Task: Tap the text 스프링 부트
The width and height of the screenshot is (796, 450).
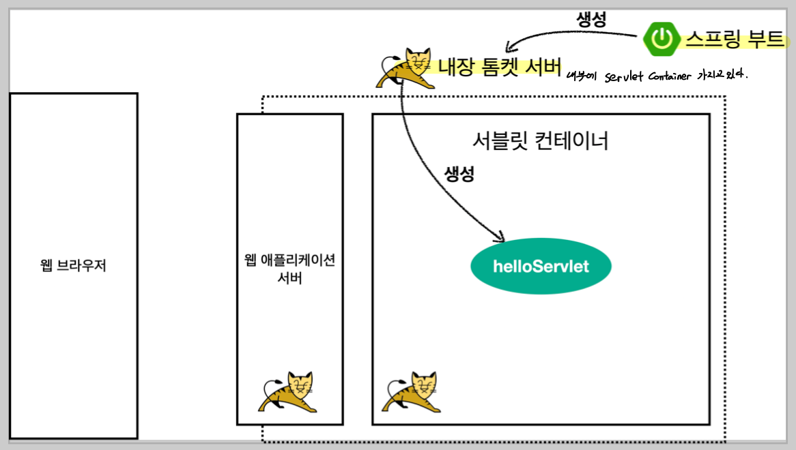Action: click(735, 39)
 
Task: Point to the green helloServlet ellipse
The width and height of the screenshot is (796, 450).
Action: click(541, 266)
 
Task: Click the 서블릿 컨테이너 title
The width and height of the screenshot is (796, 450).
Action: click(540, 141)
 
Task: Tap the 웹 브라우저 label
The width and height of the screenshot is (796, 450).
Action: click(74, 266)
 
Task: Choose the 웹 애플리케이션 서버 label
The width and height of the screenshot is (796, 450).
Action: click(289, 269)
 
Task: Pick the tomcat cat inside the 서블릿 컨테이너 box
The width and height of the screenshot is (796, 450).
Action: click(412, 391)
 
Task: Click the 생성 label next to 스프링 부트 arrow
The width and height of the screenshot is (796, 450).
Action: click(591, 20)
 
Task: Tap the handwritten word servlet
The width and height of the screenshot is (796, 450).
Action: click(624, 76)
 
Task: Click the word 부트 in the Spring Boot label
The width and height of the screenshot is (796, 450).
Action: click(766, 39)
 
